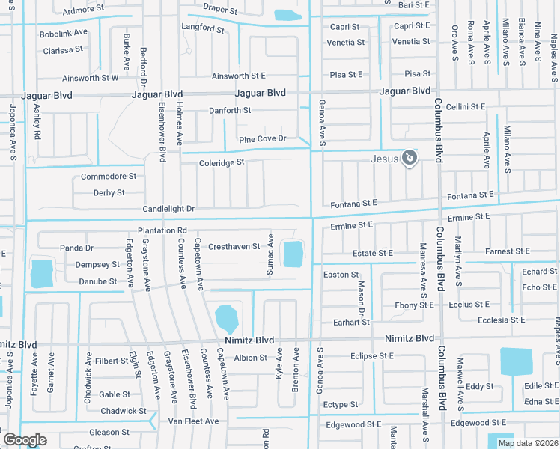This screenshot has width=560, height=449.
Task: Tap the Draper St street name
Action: [219, 12]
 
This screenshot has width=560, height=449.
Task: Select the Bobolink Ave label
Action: [64, 34]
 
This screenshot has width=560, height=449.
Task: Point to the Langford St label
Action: [202, 28]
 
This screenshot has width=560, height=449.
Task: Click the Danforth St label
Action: [230, 111]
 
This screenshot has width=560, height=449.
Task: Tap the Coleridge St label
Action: [222, 162]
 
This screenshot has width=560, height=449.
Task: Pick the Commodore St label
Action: [109, 177]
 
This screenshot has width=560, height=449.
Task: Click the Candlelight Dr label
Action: [169, 209]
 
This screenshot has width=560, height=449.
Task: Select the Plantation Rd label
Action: [162, 230]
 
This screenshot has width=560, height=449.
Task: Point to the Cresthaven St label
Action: [234, 246]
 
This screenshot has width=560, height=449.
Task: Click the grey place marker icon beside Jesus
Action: [409, 157]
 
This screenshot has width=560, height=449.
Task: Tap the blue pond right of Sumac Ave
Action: [291, 253]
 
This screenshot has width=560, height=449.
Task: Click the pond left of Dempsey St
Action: [41, 274]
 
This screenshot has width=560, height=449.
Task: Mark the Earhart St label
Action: [351, 322]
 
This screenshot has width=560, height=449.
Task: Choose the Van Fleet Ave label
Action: [193, 421]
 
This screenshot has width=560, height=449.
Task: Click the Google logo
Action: [24, 440]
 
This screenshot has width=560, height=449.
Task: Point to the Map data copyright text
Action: [527, 443]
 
